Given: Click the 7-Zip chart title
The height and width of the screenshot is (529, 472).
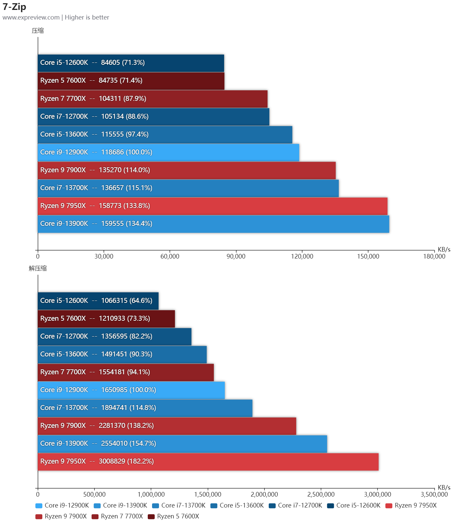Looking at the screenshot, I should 14,7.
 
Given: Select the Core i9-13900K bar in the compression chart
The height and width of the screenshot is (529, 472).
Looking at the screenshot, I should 213,224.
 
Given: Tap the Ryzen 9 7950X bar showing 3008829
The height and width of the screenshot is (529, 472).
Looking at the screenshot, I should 208,462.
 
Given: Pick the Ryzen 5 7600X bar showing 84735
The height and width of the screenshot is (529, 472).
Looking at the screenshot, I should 131,81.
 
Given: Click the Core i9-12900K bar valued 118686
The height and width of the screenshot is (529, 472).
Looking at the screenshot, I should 168,152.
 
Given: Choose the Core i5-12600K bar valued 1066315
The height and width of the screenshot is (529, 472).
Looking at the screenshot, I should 98,301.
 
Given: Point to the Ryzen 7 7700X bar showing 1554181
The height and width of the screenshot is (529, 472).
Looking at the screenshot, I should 126,372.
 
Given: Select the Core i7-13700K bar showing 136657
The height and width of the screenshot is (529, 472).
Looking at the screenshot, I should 188,188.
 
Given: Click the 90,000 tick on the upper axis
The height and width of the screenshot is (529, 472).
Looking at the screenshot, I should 236,256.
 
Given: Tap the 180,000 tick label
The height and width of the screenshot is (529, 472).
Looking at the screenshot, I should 434,256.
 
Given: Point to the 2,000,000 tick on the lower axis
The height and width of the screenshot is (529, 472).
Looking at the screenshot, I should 264,494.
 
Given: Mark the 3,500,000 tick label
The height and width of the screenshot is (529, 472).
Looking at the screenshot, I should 434,494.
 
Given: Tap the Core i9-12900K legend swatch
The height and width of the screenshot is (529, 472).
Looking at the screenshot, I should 39,506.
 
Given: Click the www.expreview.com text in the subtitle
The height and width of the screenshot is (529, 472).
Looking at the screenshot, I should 31,17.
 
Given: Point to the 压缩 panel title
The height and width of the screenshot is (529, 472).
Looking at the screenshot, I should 38,31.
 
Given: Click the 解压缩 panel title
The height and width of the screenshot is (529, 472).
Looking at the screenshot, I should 38,268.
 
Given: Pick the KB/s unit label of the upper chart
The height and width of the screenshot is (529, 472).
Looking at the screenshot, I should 444,249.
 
